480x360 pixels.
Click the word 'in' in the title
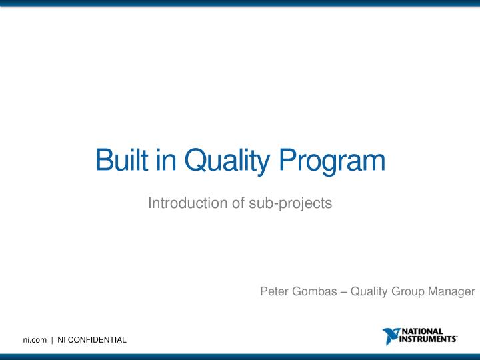165,161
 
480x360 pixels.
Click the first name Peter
273,291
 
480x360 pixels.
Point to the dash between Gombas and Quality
343,291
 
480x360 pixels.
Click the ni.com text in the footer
35,341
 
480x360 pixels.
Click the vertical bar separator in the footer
52,341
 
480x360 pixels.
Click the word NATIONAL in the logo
423,331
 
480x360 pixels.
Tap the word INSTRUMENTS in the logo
428,339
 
